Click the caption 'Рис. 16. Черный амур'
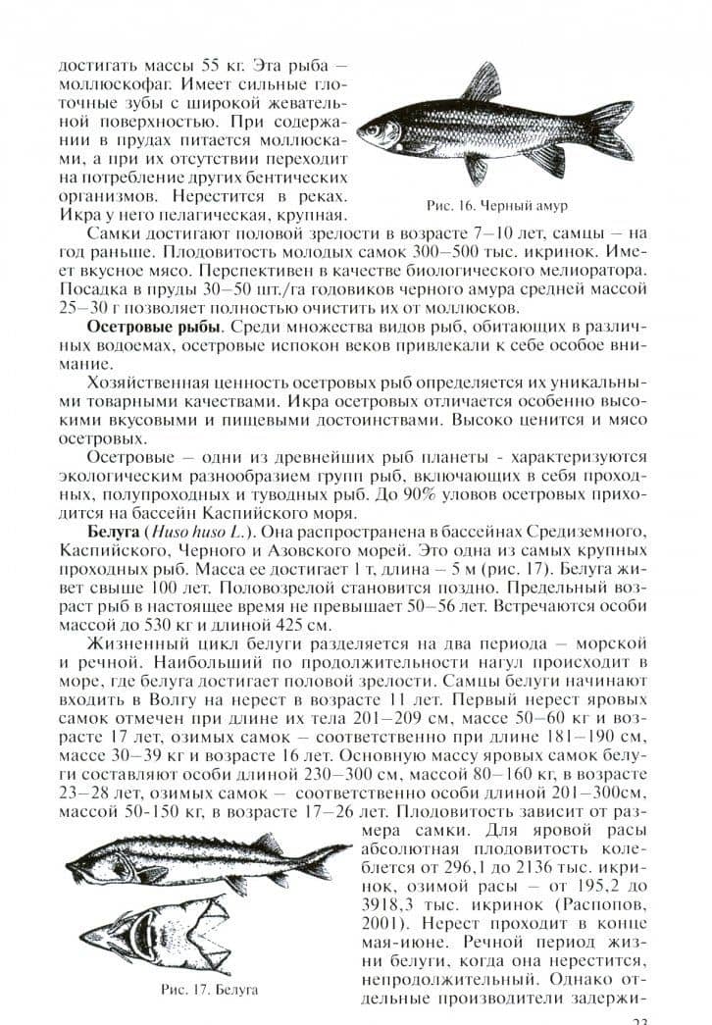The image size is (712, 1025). point(498,207)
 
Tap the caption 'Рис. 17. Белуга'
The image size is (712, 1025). point(209,990)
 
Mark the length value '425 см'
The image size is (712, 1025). point(295,625)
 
